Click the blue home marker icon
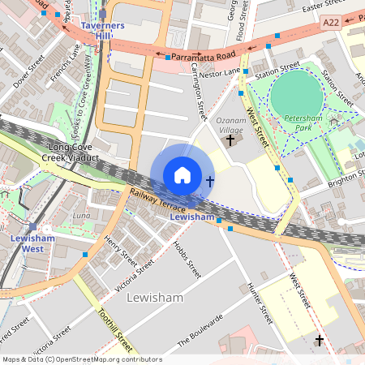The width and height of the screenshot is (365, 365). (182, 175)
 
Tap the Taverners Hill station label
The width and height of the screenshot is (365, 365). (102, 31)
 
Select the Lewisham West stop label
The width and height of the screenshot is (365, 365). (32, 243)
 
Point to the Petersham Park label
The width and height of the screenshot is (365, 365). (304, 122)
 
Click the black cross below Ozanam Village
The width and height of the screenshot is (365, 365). (230, 140)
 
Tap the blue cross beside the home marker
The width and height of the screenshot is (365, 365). (210, 181)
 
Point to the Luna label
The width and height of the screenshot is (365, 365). (82, 216)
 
